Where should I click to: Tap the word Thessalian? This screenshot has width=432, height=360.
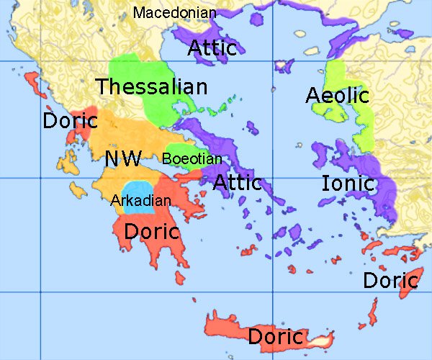pos(152,87)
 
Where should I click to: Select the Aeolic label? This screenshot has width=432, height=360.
pos(337,95)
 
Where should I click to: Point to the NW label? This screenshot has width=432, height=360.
pos(123,159)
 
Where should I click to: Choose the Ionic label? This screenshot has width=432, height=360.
pos(348,183)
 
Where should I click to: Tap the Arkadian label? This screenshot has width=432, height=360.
pos(140,200)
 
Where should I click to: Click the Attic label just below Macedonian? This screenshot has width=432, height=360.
pos(213,48)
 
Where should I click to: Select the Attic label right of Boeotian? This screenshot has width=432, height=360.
pos(237,182)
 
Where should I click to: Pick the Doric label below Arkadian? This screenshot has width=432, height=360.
pos(152,232)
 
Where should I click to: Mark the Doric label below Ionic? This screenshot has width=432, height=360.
pos(390,280)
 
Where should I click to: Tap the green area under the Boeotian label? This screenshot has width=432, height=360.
pos(189,167)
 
